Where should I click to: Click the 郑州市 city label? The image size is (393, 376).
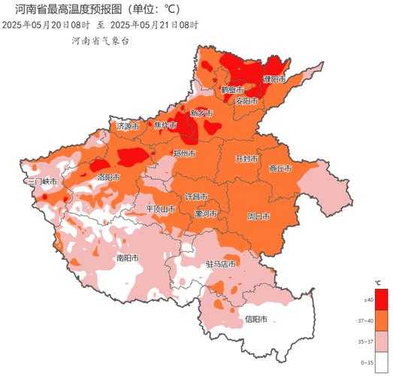point(185,153)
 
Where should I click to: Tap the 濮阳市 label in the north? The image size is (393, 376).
point(274,79)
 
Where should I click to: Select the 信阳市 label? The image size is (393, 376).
point(255,319)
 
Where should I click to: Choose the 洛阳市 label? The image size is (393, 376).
point(109,177)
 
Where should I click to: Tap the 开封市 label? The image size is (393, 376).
point(246,159)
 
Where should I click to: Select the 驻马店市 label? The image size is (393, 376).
point(220,265)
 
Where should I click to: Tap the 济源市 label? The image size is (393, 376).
point(128,126)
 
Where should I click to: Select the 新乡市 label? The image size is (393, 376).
point(201,113)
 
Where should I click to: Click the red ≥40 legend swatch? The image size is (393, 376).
point(381,299)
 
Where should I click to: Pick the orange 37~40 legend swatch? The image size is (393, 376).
point(381,321)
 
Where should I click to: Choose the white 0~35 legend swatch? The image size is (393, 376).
point(381,362)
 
